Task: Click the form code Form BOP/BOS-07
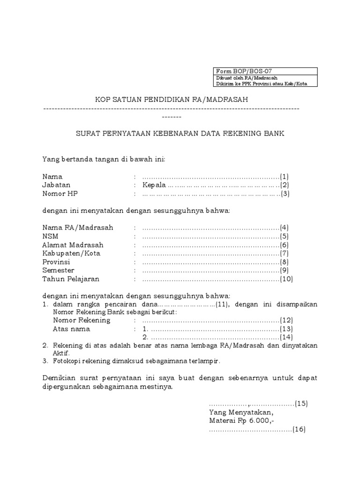pyautogui.click(x=237, y=71)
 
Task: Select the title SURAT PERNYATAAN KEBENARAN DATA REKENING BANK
pyautogui.click(x=180, y=134)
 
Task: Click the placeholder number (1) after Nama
pyautogui.click(x=285, y=177)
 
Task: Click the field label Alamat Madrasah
pyautogui.click(x=73, y=245)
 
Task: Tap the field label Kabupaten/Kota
pyautogui.click(x=71, y=253)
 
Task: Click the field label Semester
pyautogui.click(x=58, y=270)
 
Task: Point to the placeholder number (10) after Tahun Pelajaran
pyautogui.click(x=286, y=279)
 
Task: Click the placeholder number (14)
pyautogui.click(x=286, y=337)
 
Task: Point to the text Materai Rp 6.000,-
pyautogui.click(x=241, y=420)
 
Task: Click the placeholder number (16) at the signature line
pyautogui.click(x=299, y=429)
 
